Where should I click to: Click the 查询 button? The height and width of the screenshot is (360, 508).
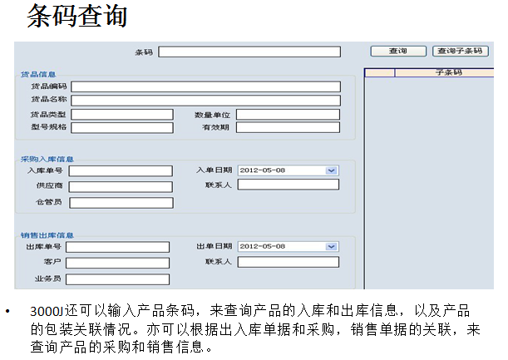coord(398,52)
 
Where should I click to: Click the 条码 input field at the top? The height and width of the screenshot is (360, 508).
coord(249,52)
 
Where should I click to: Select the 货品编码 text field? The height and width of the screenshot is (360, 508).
coord(205,86)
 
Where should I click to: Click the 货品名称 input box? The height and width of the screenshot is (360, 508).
coord(205,101)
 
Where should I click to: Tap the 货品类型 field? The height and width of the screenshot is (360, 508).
coord(122,115)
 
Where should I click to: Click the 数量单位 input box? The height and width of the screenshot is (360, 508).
coord(288,115)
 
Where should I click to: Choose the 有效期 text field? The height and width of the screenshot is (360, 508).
coord(288,127)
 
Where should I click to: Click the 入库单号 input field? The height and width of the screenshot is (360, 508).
coord(121,170)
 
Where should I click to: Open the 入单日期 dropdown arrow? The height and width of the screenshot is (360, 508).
coord(331,170)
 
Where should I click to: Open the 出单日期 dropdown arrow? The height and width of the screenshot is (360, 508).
coord(331,247)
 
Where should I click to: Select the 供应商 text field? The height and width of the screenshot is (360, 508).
coord(121,186)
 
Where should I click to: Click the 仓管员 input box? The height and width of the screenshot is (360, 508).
coord(121,203)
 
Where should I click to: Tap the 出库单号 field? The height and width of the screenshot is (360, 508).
coord(117,247)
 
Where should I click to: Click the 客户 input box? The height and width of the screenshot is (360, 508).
coord(117,263)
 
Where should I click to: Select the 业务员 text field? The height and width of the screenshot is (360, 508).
coord(117,279)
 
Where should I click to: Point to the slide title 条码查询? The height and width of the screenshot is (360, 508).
coord(77,16)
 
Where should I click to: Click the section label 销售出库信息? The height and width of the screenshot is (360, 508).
coord(47,235)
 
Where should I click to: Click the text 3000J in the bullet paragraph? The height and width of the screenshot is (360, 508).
coord(47,311)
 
